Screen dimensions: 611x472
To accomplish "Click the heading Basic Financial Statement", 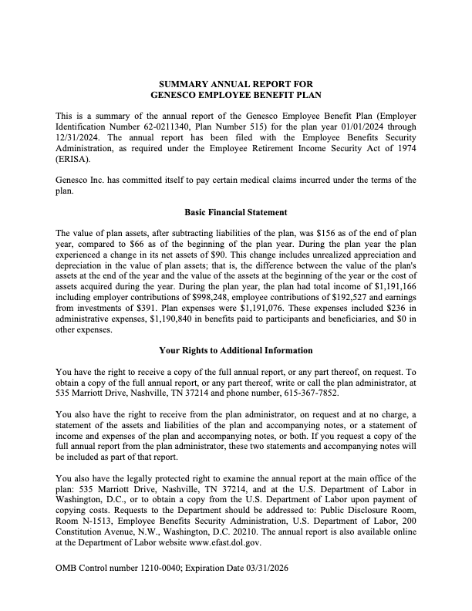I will point(236,211).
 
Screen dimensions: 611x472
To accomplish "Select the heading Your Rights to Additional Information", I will point(236,350).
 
